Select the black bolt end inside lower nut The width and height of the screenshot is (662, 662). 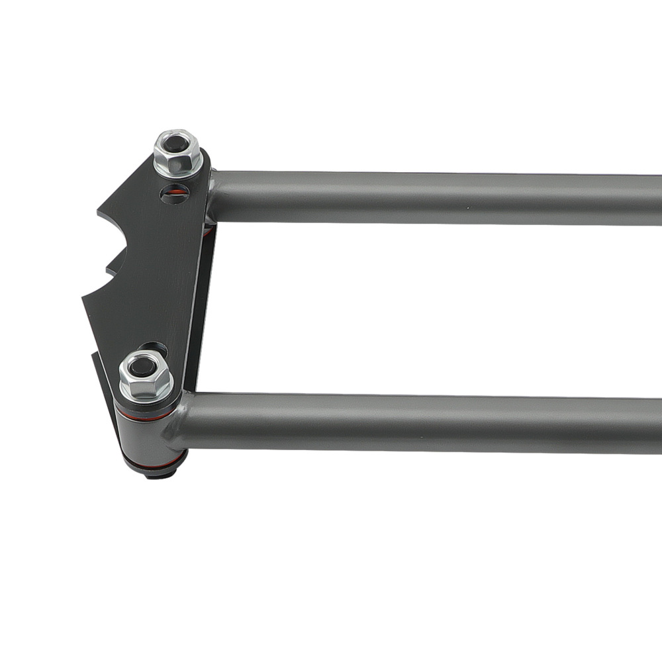coord(142,366)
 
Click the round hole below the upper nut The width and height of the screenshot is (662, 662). coord(174,194)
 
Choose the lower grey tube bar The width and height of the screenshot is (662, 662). coord(424,422)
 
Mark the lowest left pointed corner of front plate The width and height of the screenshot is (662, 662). coord(84,299)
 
